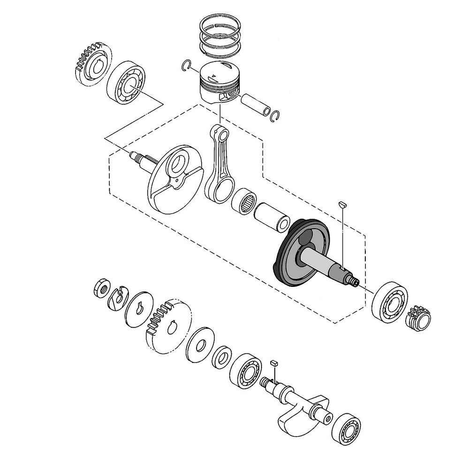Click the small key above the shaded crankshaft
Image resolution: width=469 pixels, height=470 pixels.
(342, 204)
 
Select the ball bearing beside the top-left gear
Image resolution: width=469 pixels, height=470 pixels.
(126, 82)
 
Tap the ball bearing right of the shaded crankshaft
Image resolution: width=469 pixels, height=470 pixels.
(389, 302)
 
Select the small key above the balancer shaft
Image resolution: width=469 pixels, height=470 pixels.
(274, 362)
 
